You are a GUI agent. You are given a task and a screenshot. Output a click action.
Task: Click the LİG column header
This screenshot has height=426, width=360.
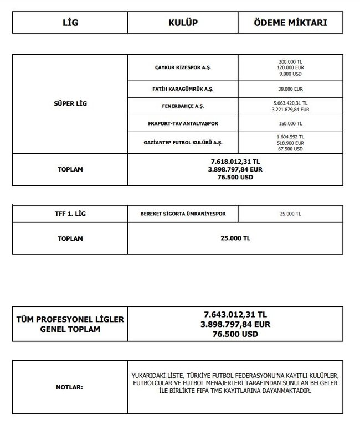point(70,23)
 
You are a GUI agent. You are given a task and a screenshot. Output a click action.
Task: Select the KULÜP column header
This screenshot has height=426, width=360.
point(183,23)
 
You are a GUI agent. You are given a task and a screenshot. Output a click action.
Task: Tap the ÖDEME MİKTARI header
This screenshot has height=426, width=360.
point(290,23)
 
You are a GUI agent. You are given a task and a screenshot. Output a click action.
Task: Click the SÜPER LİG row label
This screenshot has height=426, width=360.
point(70,103)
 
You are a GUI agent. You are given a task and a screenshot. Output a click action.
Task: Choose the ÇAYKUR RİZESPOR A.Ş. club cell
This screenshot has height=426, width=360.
point(183,67)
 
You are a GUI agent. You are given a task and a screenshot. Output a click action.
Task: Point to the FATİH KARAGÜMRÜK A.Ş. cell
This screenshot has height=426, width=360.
point(183,89)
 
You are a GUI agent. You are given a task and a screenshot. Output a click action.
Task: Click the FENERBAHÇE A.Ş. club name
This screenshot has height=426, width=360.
point(183,106)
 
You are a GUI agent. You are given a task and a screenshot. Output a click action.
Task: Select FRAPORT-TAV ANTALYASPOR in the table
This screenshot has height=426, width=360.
point(183,123)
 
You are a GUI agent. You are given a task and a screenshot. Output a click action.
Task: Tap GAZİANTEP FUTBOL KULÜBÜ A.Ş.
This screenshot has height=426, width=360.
point(183,142)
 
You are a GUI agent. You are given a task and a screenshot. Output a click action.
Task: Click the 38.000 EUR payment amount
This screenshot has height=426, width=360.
point(290,89)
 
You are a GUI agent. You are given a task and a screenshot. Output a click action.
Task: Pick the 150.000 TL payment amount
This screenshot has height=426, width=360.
point(290,123)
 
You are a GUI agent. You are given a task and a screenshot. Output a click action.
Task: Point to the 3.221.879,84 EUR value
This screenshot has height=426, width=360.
point(290,110)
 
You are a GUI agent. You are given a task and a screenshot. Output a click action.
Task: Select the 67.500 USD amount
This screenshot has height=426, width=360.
point(290,149)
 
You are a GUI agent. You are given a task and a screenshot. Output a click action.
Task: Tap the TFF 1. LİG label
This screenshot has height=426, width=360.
point(70,214)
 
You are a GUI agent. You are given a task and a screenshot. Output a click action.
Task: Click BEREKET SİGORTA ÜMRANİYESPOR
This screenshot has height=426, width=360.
point(183,214)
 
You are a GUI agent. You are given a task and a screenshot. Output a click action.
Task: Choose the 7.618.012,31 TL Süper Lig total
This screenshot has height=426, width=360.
point(235,162)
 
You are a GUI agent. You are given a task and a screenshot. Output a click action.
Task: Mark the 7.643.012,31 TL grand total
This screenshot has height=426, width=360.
point(235,314)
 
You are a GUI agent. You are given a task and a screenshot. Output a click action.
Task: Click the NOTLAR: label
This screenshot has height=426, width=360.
point(70,387)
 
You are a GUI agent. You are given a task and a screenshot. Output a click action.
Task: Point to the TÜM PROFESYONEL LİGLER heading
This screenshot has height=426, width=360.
point(70,320)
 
